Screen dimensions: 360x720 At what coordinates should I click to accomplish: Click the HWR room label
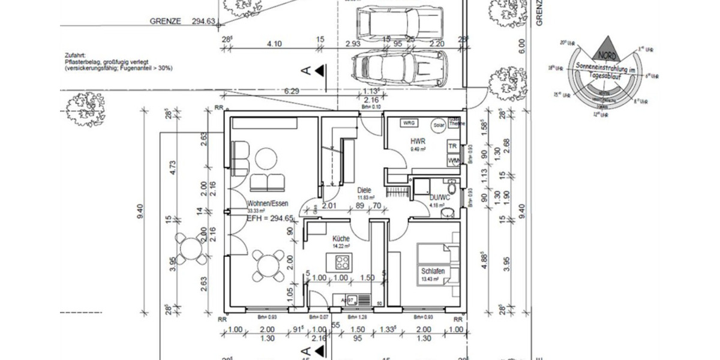[x=418, y=142]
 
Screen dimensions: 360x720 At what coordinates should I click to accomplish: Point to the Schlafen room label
[x=432, y=272]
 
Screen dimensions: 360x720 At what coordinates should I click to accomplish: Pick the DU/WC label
[x=440, y=198]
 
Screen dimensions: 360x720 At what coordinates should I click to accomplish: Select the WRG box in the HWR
[x=409, y=123]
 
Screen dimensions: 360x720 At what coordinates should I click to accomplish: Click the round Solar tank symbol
[x=439, y=125]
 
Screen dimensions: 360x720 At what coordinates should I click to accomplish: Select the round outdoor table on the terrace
[x=190, y=247]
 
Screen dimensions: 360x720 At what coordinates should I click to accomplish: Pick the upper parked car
[x=398, y=23]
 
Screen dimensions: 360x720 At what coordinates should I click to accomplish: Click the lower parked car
[x=399, y=68]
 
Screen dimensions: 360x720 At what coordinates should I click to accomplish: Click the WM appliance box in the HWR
[x=453, y=160]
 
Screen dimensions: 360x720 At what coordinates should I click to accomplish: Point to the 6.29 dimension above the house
[x=292, y=91]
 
